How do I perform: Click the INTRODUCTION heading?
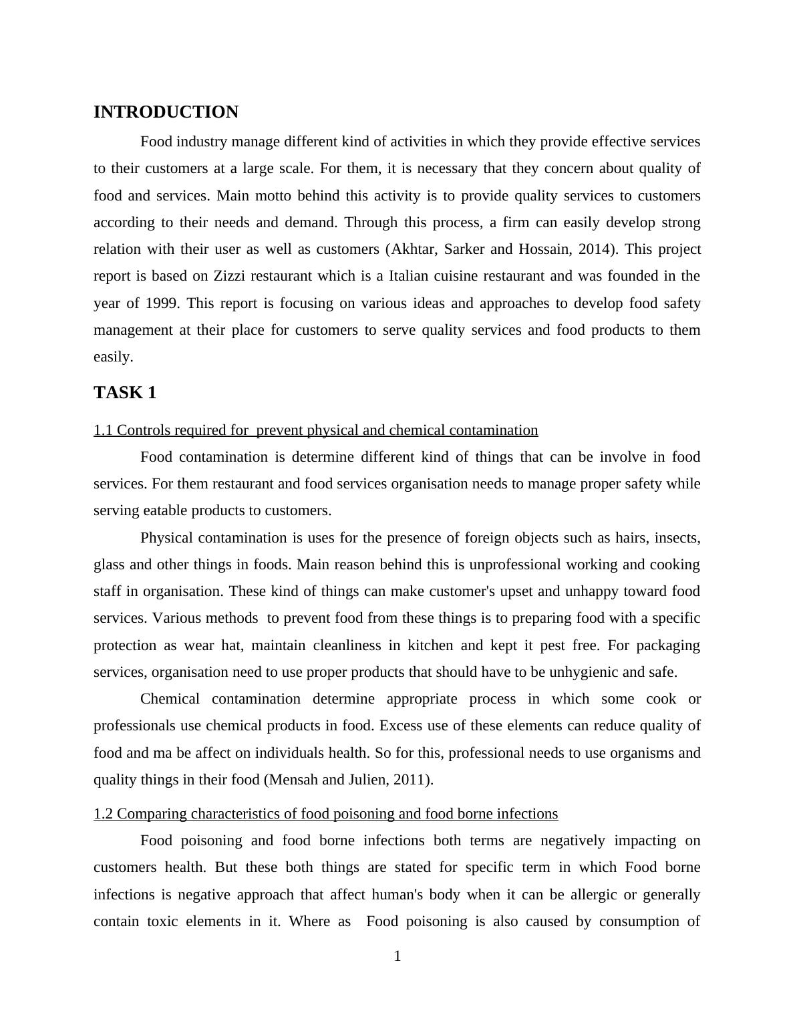[x=166, y=112]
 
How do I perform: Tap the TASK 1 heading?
[x=125, y=393]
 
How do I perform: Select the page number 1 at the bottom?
[x=397, y=957]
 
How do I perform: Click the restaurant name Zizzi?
[x=229, y=276]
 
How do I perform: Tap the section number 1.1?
[x=104, y=430]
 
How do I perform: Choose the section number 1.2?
[x=104, y=814]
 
